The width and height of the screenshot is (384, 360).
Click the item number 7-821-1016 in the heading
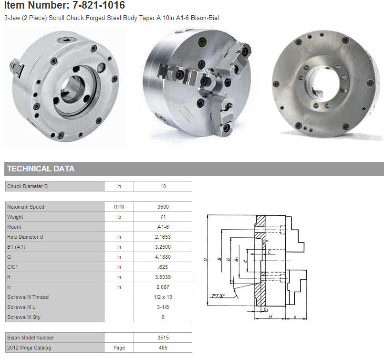coord(99,5)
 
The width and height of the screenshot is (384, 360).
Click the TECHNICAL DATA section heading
coord(41,169)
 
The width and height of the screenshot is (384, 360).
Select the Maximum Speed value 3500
coord(163,207)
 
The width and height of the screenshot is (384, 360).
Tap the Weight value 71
coord(163,217)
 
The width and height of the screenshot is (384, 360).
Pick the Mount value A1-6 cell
coord(163,227)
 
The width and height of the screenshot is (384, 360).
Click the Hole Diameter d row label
coord(25,237)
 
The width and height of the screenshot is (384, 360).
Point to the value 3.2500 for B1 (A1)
coord(163,247)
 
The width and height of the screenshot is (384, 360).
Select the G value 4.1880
coord(163,257)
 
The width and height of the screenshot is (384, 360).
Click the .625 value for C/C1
coord(163,267)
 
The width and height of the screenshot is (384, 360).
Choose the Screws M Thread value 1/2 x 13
coord(163,297)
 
